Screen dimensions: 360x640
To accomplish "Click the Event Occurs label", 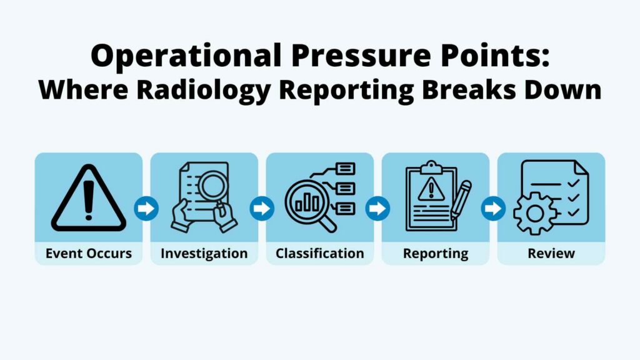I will [88, 254].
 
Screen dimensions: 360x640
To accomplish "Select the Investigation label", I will [204, 254].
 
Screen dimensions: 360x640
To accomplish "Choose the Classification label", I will [319, 254].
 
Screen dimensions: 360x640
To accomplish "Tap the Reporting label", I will [435, 254].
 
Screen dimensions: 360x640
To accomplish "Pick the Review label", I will [551, 254].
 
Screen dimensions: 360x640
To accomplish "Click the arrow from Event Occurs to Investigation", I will [146, 208].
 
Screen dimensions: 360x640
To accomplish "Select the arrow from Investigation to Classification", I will [262, 208].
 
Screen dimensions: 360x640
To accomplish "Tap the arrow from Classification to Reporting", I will [377, 208].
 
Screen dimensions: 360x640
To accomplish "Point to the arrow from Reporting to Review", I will [493, 208].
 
